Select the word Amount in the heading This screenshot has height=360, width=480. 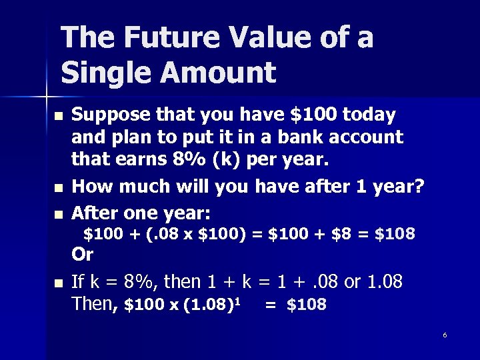tap(219, 73)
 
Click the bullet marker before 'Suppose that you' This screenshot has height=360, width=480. tap(58, 117)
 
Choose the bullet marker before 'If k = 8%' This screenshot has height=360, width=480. tap(58, 284)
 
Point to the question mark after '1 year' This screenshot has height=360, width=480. tap(419, 187)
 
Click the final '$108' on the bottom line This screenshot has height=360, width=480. tap(306, 305)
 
